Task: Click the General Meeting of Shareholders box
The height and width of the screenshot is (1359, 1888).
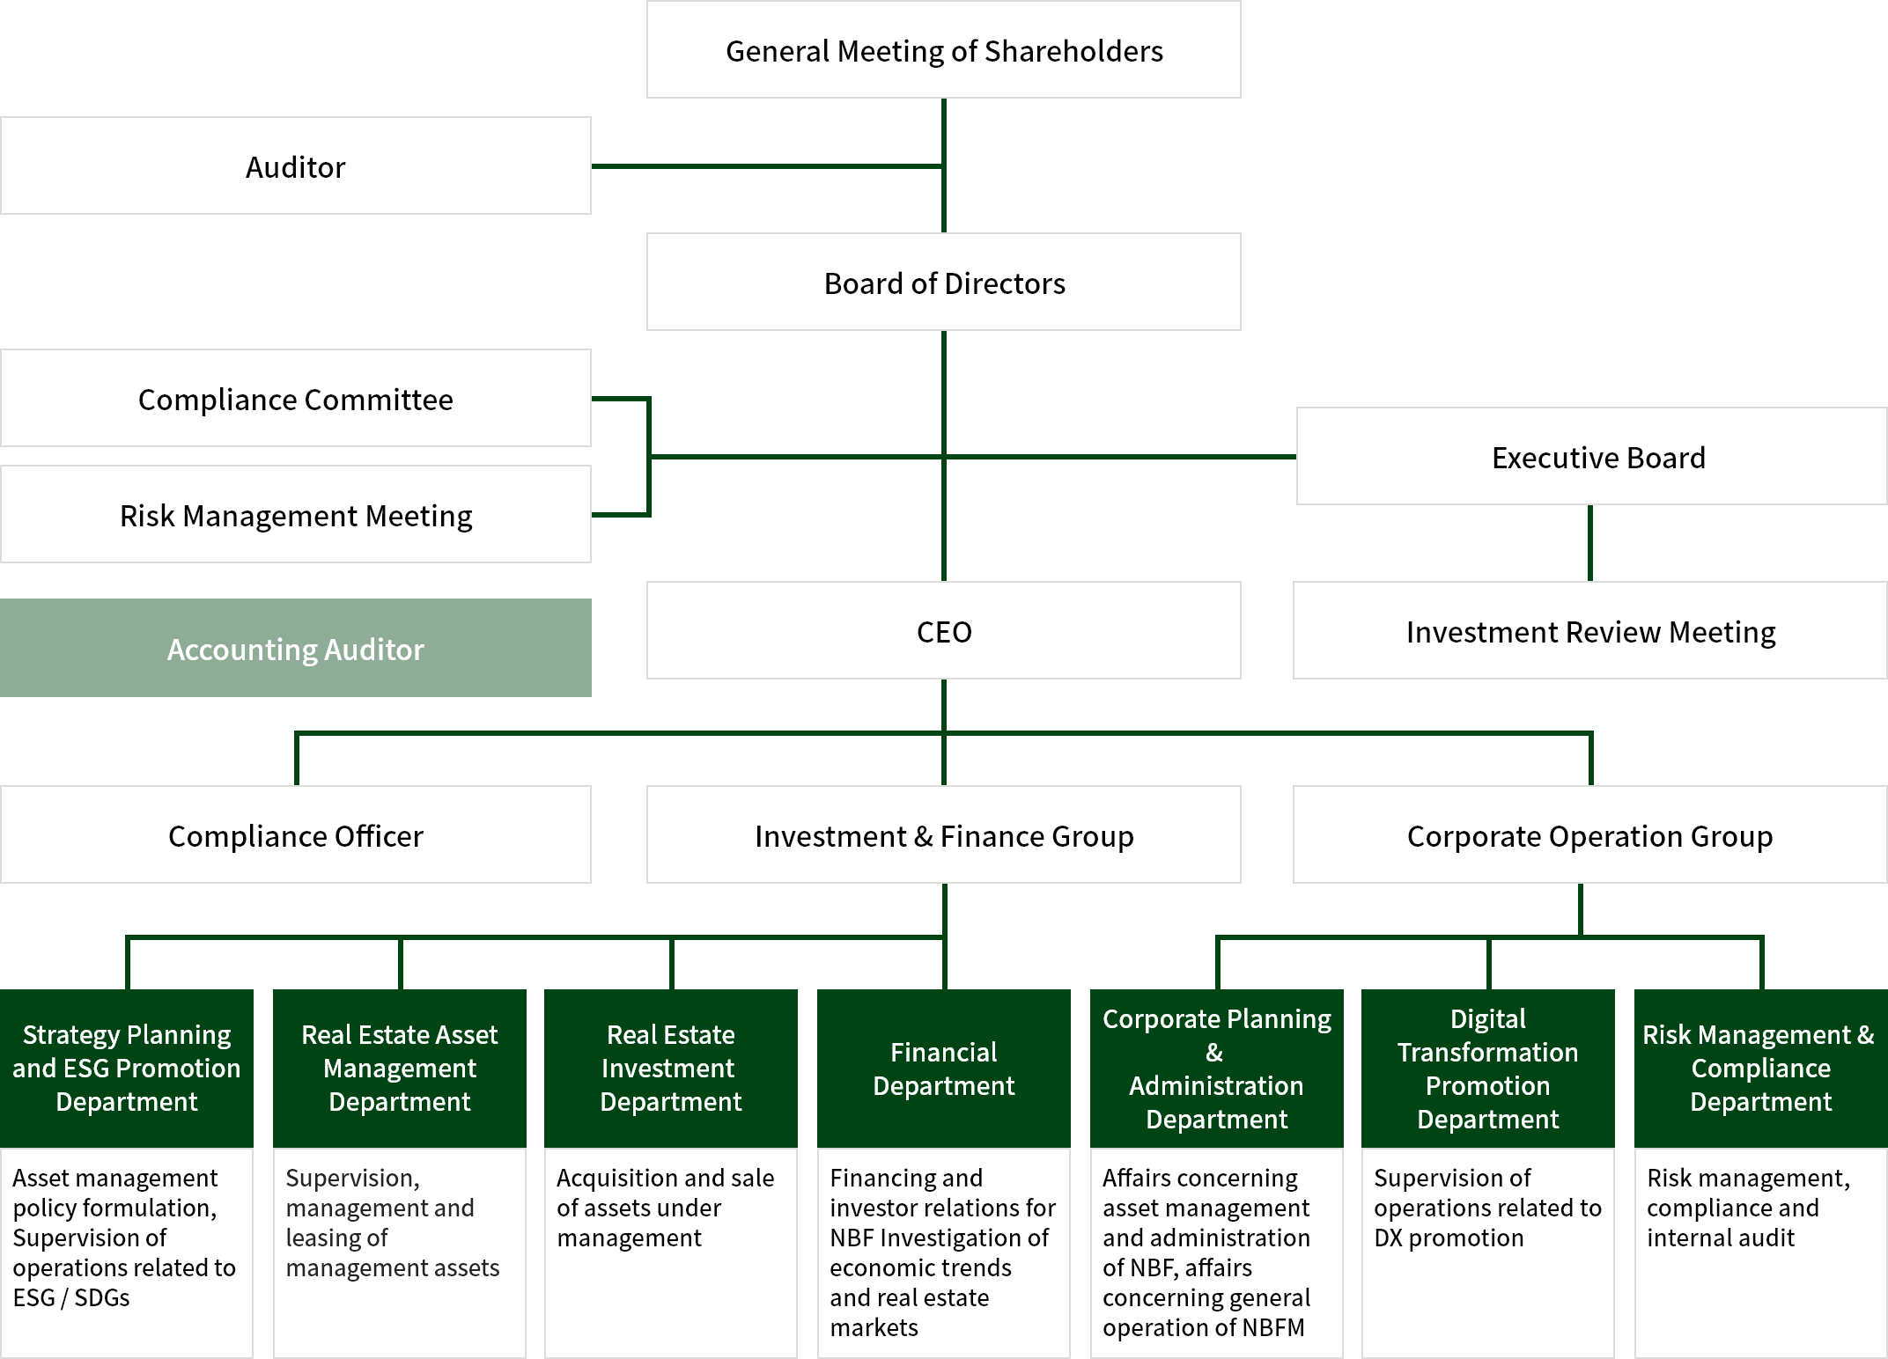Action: click(943, 49)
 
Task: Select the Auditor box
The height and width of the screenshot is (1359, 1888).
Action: click(296, 165)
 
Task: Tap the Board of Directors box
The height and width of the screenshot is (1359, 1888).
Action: click(943, 282)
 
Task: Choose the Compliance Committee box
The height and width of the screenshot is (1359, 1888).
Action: click(296, 398)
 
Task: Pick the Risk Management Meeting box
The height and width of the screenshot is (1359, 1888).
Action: click(296, 514)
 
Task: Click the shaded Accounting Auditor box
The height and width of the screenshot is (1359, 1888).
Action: click(296, 648)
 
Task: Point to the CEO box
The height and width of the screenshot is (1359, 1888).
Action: click(943, 630)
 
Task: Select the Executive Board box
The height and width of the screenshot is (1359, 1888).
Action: click(1592, 456)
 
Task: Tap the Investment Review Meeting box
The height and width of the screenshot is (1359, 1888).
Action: click(1590, 630)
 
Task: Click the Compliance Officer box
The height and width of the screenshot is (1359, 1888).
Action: click(296, 834)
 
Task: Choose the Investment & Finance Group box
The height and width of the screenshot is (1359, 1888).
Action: click(943, 834)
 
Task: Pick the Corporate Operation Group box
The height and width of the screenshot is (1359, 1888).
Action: click(1590, 834)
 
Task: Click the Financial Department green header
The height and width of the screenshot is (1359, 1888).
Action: click(944, 1069)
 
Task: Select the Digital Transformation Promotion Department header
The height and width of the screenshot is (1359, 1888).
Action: click(1488, 1069)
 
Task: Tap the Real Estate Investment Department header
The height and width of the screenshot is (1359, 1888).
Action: click(671, 1069)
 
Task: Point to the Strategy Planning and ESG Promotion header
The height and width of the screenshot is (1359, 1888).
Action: click(127, 1069)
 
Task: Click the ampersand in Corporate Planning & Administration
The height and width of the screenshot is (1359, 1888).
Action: click(1214, 1053)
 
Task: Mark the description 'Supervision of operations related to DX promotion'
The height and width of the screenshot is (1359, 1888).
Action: click(1487, 1208)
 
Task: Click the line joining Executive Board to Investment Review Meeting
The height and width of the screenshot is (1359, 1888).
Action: click(1589, 543)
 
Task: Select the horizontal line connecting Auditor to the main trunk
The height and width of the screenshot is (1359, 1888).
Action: click(767, 165)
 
